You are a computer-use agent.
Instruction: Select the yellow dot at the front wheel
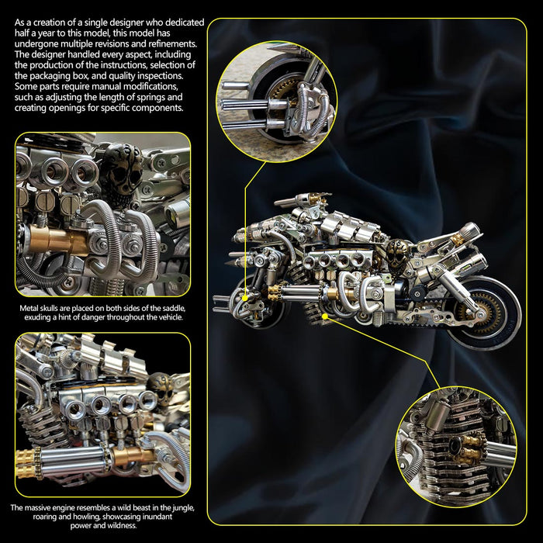[x=245, y=298]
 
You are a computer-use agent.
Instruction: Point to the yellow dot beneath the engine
[x=324, y=316]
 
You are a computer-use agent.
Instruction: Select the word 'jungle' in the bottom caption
[x=182, y=508]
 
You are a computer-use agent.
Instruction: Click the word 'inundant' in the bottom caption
[x=157, y=517]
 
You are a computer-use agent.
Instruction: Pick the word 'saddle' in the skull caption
[x=175, y=308]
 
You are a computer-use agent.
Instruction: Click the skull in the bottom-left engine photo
[x=161, y=387]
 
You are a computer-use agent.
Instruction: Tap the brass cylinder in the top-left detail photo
[x=57, y=239]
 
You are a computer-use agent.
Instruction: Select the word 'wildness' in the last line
[x=120, y=526]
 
